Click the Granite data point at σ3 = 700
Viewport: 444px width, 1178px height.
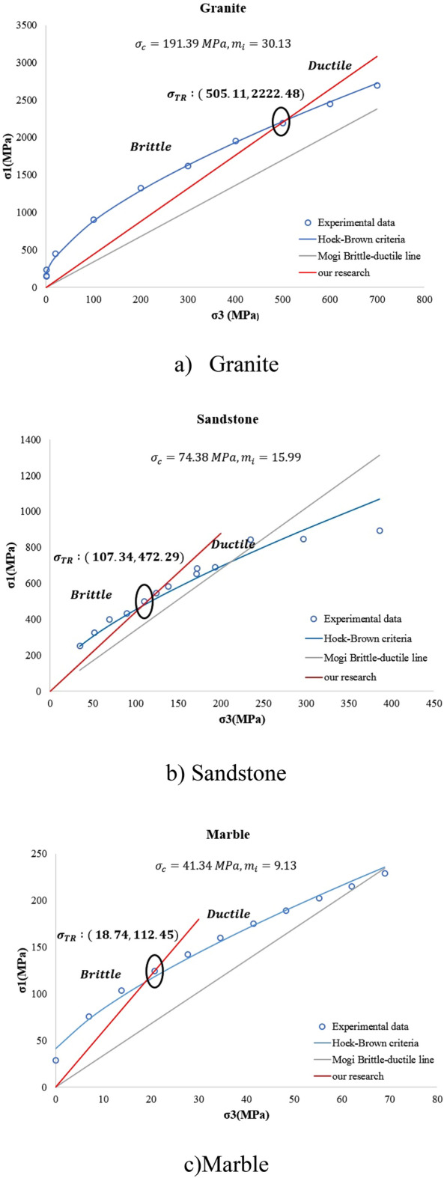(x=377, y=85)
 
